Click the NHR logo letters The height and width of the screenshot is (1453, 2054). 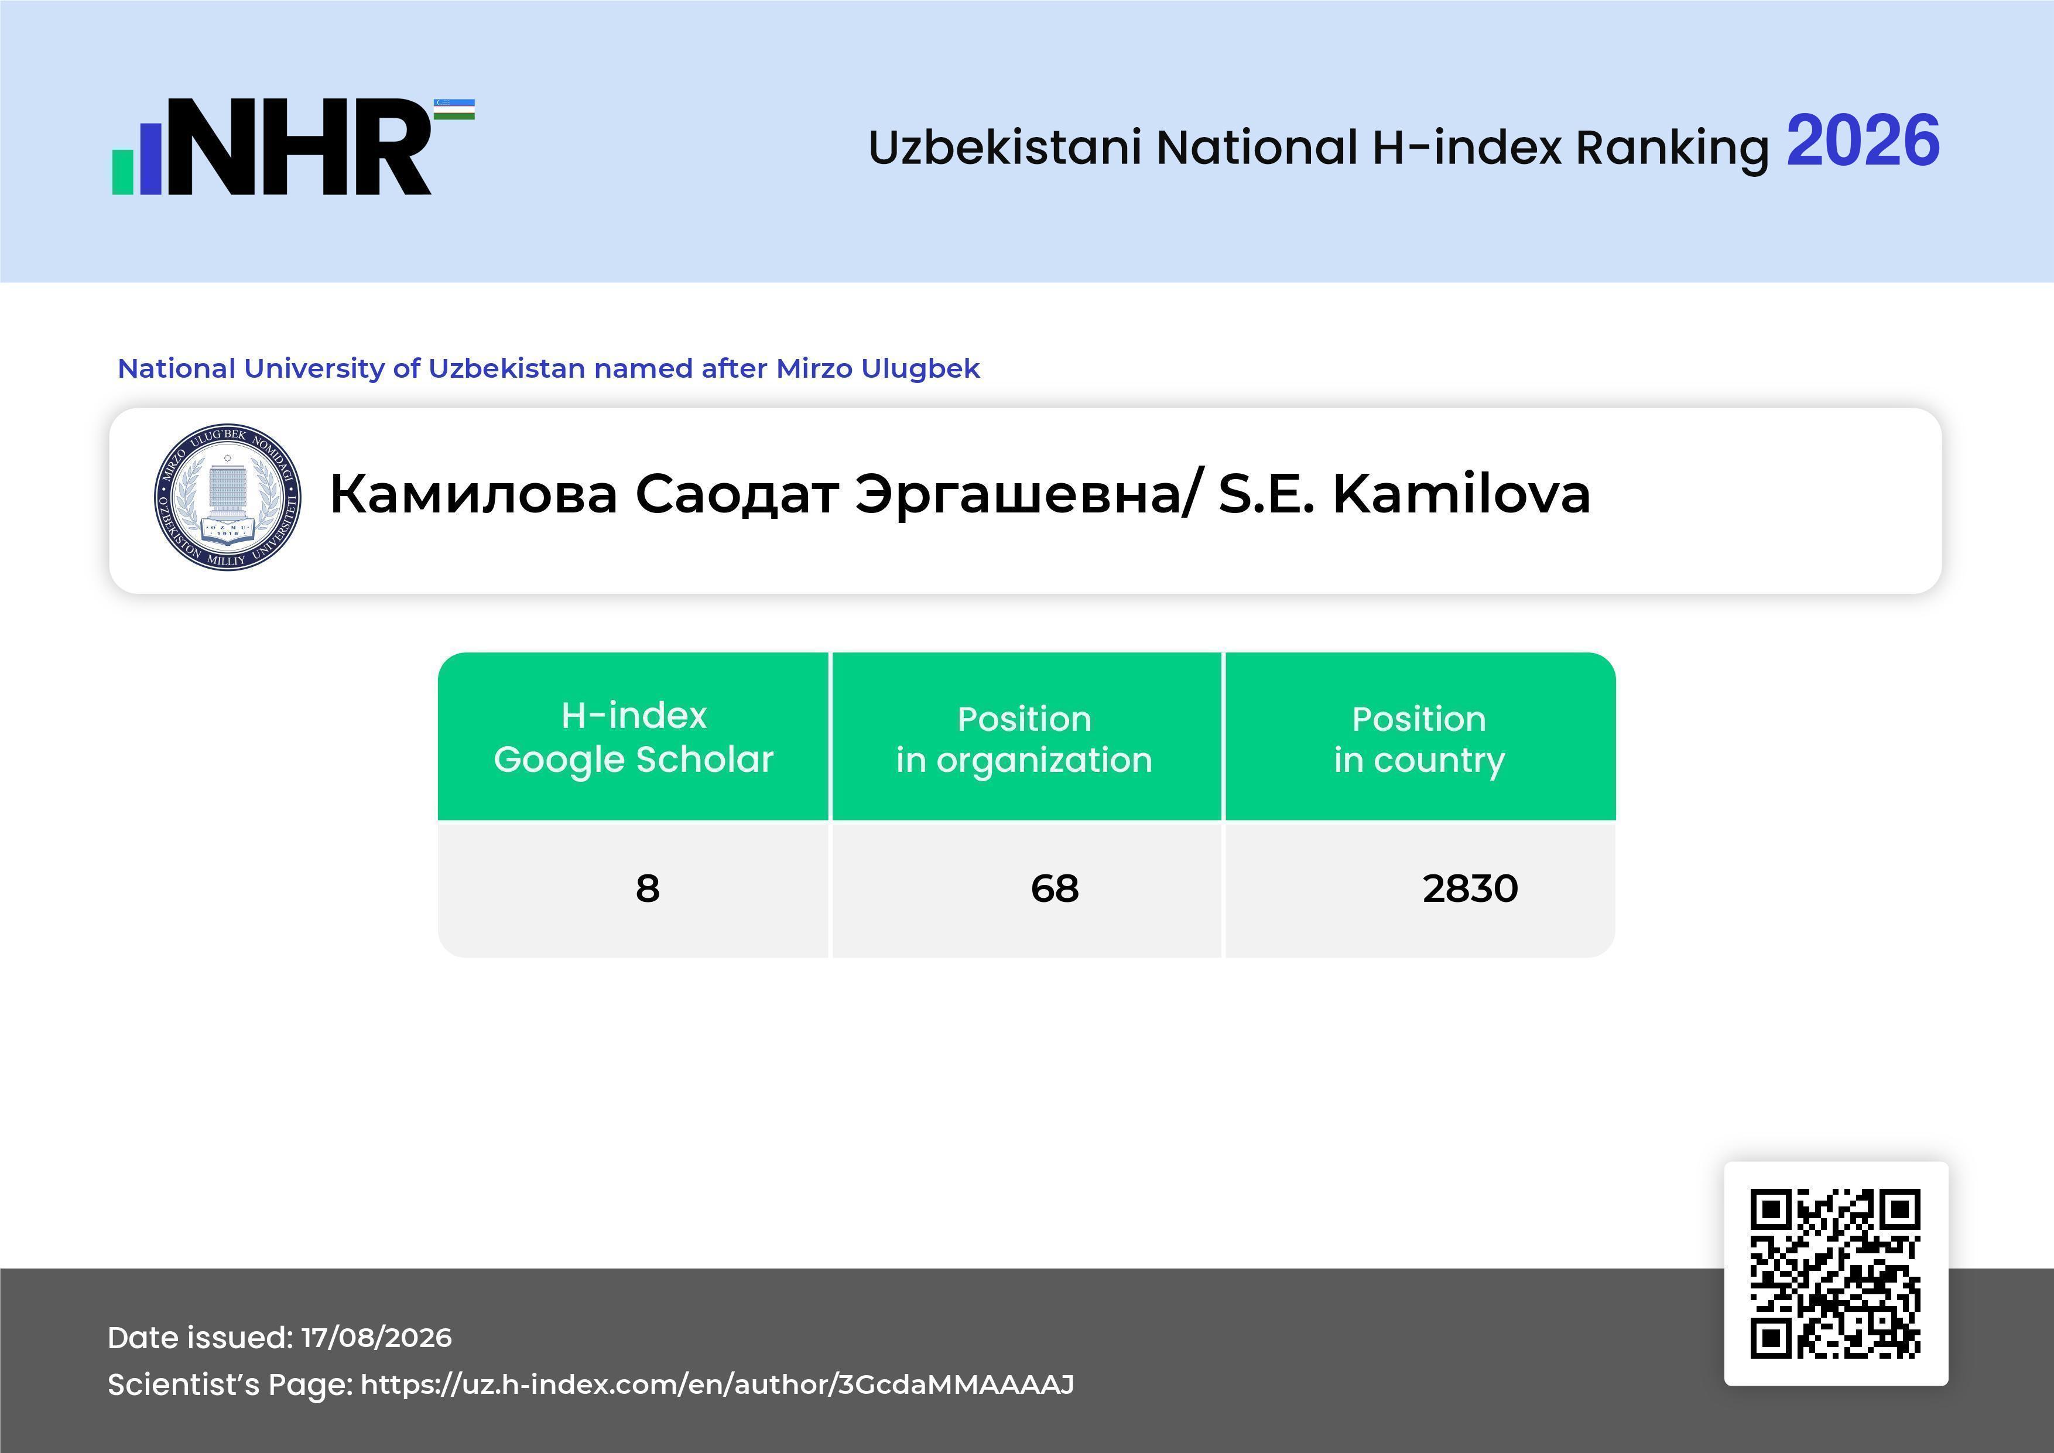(300, 147)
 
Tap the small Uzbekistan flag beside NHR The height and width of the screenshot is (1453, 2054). (454, 109)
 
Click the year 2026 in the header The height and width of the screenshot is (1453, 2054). (1863, 141)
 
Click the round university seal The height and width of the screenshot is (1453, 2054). (227, 497)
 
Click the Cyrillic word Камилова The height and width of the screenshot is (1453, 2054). (474, 495)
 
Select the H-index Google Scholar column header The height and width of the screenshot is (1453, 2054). (634, 736)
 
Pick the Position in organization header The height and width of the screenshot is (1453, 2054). (1024, 739)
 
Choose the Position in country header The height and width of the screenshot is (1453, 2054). (1419, 739)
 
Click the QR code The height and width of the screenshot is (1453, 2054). (1836, 1273)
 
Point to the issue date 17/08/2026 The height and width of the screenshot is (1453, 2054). (376, 1338)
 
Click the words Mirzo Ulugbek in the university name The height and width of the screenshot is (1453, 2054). (878, 368)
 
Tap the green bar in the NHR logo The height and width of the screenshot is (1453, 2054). (122, 172)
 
